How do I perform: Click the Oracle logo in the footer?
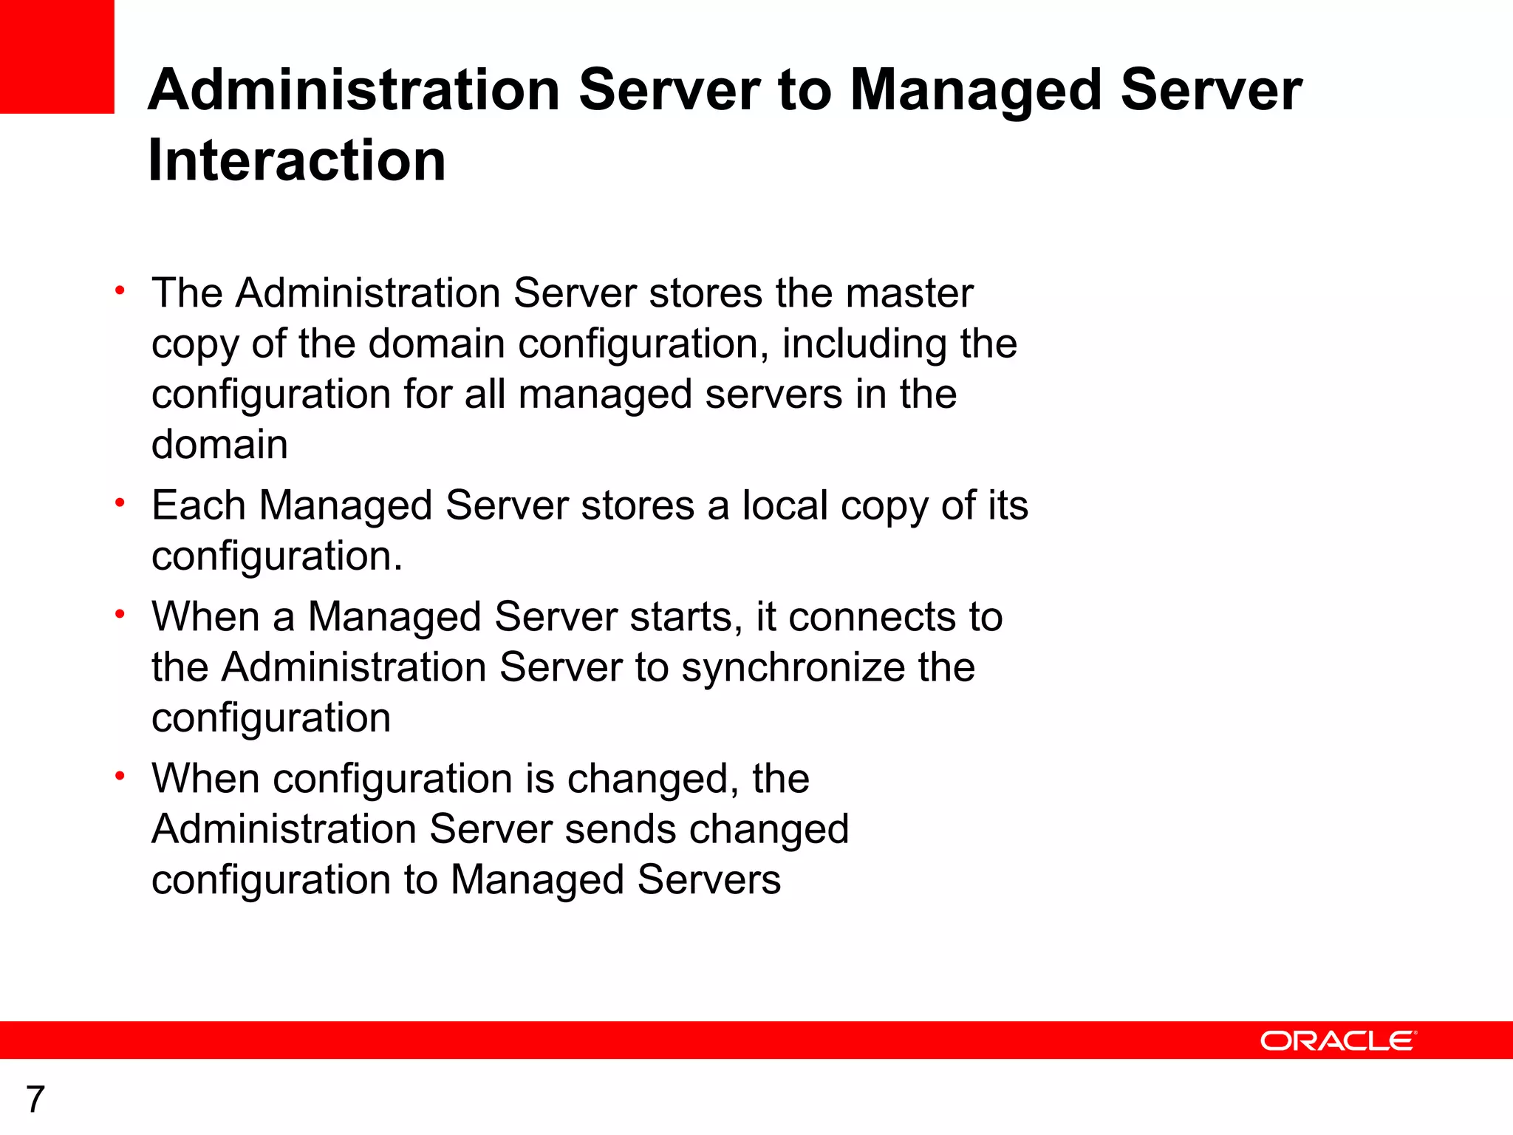(x=1338, y=1040)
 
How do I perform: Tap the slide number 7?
(x=35, y=1100)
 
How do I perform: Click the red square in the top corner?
(x=57, y=57)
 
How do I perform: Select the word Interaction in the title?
(x=297, y=160)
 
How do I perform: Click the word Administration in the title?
(x=354, y=90)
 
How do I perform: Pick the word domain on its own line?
(x=219, y=445)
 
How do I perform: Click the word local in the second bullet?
(x=785, y=506)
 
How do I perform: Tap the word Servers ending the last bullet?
(x=708, y=880)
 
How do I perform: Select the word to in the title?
(x=805, y=90)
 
